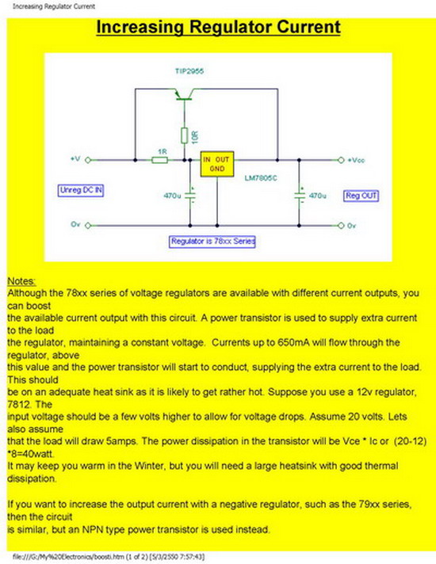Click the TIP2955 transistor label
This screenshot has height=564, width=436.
(x=189, y=71)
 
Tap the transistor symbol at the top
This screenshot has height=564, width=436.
(x=184, y=94)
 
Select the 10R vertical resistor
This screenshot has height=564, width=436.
(x=185, y=135)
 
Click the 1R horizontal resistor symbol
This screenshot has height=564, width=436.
(x=159, y=160)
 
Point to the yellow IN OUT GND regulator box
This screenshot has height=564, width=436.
(x=217, y=164)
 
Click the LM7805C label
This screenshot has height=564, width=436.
(x=261, y=178)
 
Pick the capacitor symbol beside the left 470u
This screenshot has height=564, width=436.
(x=190, y=196)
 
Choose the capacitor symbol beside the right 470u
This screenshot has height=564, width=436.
(x=299, y=196)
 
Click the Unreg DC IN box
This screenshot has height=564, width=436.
(x=81, y=190)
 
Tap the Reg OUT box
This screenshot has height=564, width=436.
(x=361, y=196)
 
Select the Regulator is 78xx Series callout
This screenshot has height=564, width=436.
(x=212, y=242)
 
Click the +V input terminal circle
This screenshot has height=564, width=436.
(x=88, y=160)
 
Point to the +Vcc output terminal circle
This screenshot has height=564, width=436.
(x=341, y=160)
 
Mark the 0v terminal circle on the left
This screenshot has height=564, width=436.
(x=88, y=226)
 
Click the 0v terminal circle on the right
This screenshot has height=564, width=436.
(x=341, y=226)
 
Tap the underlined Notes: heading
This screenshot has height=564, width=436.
(x=21, y=281)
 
